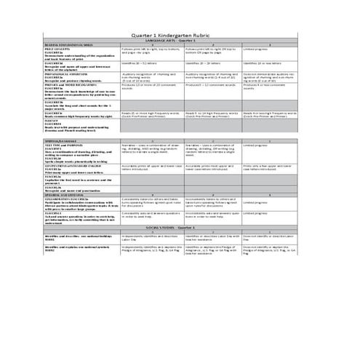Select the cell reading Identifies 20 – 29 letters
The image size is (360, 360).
click(x=201, y=63)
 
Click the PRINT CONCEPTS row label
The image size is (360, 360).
click(x=58, y=50)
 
